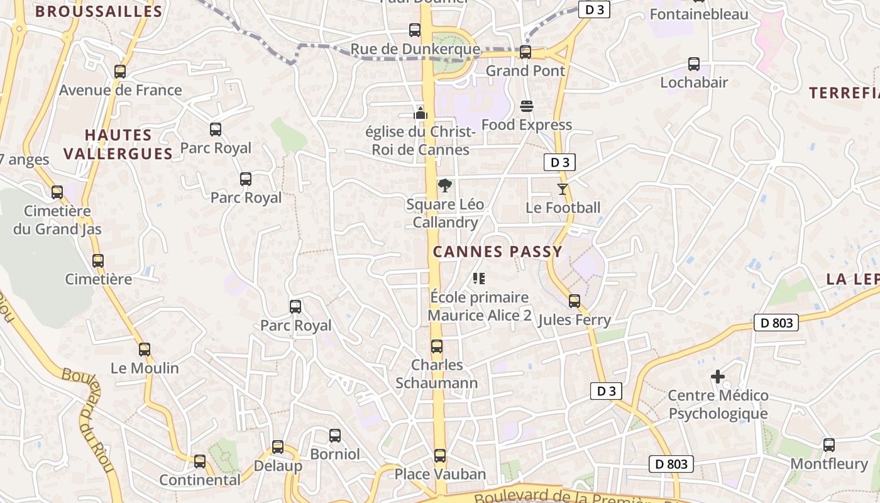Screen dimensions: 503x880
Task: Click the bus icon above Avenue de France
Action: point(120,72)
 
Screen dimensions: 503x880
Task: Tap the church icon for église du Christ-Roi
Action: point(421,113)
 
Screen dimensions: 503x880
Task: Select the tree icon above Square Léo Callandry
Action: point(445,185)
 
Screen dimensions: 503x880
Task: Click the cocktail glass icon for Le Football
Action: point(563,189)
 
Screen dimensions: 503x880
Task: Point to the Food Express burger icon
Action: point(527,106)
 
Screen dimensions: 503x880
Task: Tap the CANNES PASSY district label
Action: point(497,252)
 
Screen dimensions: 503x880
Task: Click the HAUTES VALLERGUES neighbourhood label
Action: point(118,145)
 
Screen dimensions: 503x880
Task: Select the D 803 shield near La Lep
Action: point(776,323)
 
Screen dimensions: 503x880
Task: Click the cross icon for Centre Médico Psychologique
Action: point(718,377)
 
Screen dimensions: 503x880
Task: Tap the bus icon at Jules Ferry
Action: point(575,301)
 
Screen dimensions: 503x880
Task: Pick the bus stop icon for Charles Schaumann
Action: point(437,346)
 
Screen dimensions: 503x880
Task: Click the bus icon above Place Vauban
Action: point(440,456)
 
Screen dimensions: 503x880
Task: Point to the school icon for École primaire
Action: point(479,278)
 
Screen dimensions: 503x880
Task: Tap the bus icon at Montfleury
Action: point(829,445)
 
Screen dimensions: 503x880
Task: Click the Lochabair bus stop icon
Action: point(694,64)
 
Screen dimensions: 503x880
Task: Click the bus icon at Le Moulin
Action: point(145,350)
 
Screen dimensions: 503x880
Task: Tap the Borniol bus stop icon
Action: point(335,436)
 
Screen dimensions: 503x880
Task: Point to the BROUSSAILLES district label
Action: point(99,11)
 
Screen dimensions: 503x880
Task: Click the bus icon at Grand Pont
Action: point(525,52)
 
